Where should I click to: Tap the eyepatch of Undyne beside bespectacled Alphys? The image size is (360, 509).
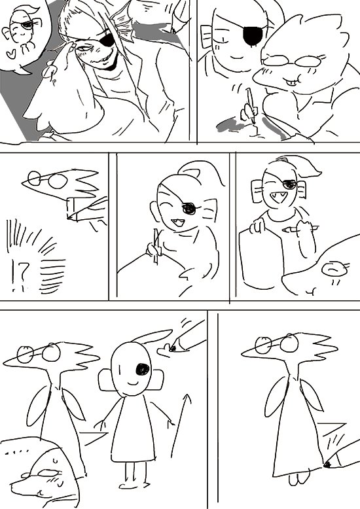253,35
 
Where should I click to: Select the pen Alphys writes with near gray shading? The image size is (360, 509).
251,105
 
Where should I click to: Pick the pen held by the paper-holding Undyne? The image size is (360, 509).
300,230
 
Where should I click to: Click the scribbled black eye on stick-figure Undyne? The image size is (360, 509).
142,369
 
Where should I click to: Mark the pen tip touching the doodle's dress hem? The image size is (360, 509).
327,465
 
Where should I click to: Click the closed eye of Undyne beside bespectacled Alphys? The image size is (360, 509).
223,40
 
